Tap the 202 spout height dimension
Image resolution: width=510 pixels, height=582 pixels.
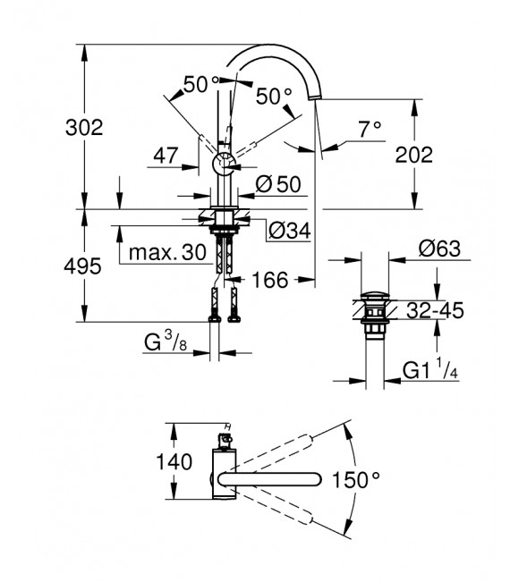413,154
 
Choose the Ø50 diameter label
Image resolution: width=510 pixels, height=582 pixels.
277,184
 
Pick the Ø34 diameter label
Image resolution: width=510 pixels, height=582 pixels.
289,231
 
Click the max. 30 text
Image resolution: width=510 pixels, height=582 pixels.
166,253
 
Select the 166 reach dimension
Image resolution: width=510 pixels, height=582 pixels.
269,281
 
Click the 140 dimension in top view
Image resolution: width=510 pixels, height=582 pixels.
174,463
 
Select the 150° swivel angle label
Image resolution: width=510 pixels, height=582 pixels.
356,481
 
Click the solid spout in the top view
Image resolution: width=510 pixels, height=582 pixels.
268,481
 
